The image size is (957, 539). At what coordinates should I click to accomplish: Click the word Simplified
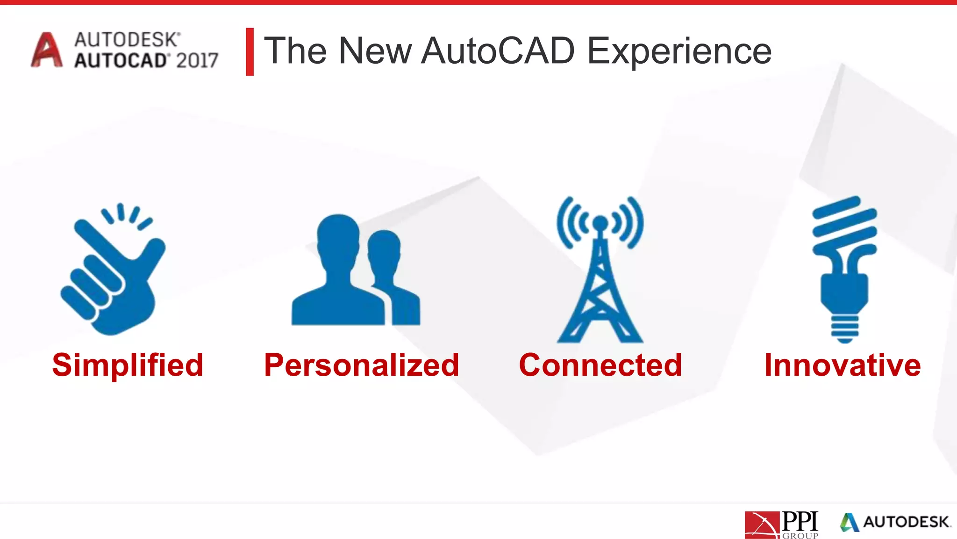click(x=128, y=365)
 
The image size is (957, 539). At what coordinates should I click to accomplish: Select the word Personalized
click(x=362, y=365)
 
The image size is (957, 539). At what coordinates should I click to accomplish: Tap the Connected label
click(x=600, y=365)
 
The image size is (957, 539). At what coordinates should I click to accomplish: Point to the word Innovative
click(x=843, y=365)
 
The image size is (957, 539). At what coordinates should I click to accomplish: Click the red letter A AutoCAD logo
click(x=46, y=50)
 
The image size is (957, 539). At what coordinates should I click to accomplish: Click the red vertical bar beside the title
click(x=250, y=51)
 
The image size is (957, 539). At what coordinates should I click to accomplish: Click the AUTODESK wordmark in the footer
click(x=906, y=522)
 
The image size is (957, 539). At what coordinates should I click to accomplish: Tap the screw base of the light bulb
click(x=844, y=329)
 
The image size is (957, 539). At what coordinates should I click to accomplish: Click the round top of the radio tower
click(x=600, y=223)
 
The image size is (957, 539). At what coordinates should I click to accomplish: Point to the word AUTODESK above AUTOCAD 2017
click(x=127, y=40)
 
